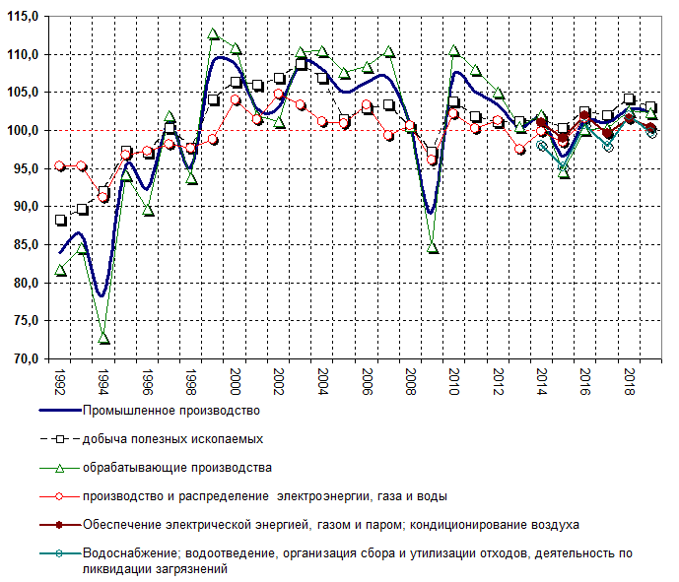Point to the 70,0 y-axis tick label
(x=24, y=359)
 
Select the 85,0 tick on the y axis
(x=24, y=245)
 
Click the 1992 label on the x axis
(x=61, y=380)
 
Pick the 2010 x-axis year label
(x=454, y=380)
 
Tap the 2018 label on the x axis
(x=629, y=380)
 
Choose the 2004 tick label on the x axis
(x=323, y=380)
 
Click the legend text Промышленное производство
(x=171, y=410)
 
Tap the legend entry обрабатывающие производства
(x=177, y=467)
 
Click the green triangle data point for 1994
(x=104, y=338)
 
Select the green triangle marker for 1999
(x=214, y=34)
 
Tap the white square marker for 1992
(x=61, y=221)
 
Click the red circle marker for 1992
(x=61, y=166)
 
